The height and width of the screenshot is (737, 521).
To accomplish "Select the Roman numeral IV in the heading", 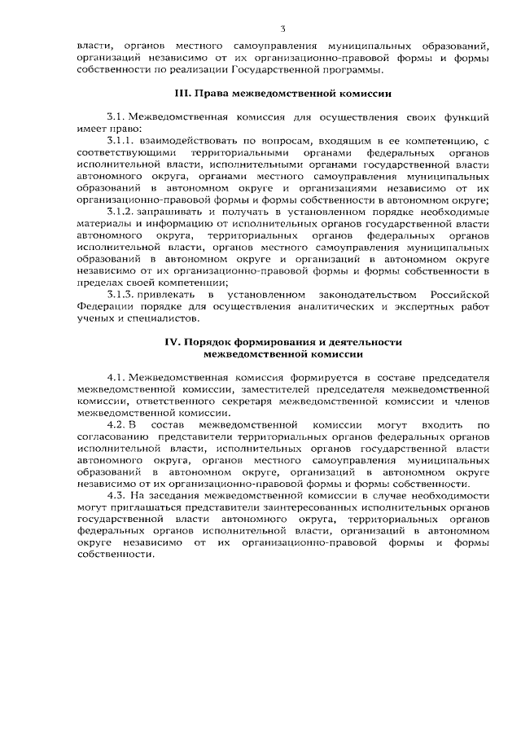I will (172, 344).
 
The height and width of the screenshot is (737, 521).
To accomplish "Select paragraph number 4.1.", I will (117, 379).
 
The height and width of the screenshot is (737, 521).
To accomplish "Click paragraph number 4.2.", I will (117, 425).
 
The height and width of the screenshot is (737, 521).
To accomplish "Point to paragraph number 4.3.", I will (117, 495).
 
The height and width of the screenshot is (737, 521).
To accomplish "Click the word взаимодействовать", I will (192, 141).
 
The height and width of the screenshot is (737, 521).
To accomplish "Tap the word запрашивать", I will (172, 212).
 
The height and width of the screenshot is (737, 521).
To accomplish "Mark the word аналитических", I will (313, 305).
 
